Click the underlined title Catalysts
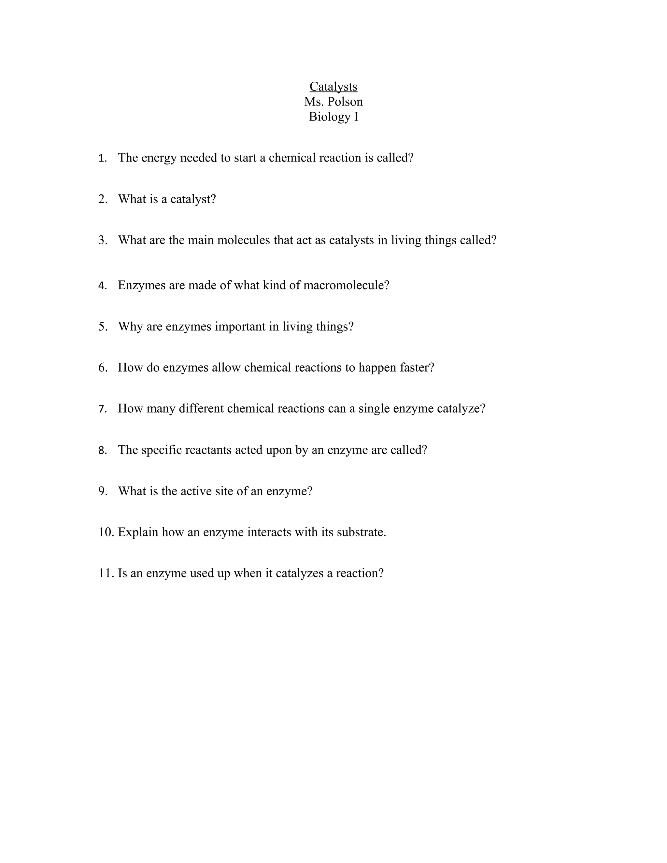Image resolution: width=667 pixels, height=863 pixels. (333, 87)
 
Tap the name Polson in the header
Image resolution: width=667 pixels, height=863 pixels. (345, 102)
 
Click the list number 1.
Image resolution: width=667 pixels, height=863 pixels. (102, 159)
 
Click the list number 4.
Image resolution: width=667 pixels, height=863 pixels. (102, 286)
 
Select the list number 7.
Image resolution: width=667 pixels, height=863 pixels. (102, 409)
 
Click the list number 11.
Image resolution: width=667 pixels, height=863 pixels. (106, 573)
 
